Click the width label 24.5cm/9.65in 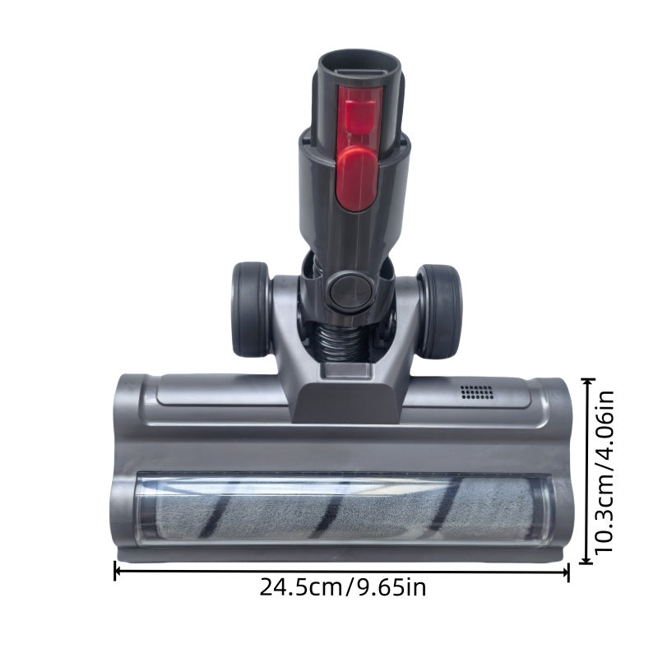point(343,588)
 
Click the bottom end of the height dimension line point(586,563)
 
